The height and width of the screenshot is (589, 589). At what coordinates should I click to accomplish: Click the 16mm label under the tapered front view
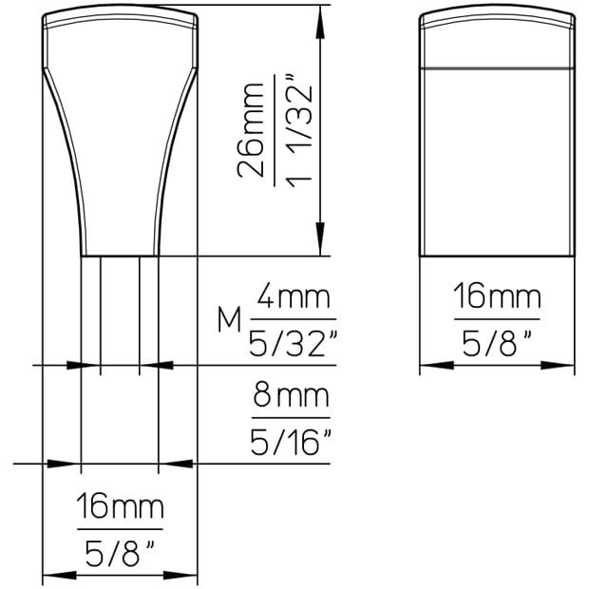pos(120,507)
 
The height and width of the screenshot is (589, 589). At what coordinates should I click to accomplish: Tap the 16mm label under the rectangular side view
pos(496,298)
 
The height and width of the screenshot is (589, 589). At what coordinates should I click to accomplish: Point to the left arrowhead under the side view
pos(429,365)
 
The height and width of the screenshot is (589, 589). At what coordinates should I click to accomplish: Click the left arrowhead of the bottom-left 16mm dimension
pos(53,575)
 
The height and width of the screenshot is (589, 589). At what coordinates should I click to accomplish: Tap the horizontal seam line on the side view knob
pos(496,67)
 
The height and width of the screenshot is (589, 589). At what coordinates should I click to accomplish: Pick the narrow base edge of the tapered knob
pos(120,256)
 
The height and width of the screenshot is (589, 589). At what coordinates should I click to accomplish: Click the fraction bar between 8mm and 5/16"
pos(291,417)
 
